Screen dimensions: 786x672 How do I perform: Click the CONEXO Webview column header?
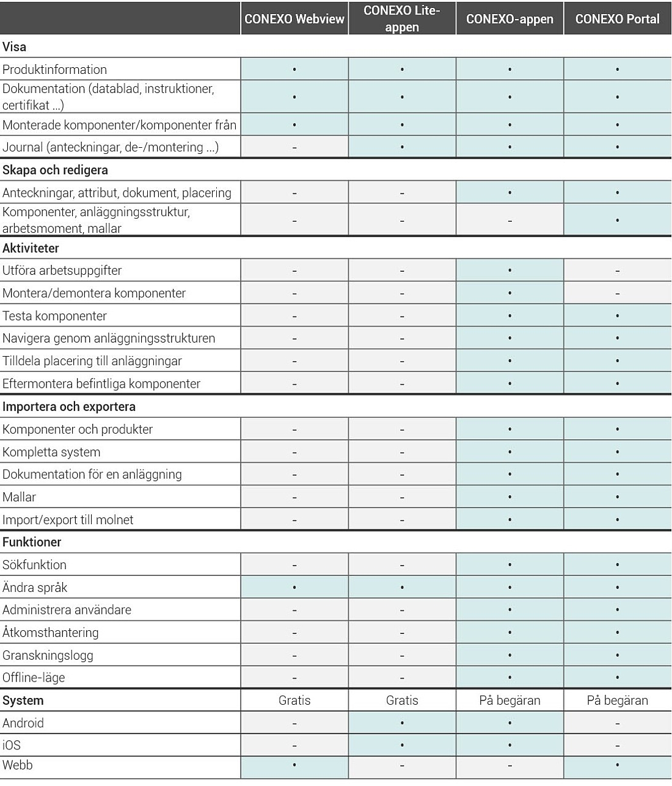pos(294,19)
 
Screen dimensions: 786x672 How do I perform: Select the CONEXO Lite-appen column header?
pos(402,19)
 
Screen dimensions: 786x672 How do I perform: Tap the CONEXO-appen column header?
pos(509,19)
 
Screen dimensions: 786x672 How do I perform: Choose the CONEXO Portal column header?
pos(617,19)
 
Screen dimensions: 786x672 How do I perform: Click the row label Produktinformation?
pos(54,70)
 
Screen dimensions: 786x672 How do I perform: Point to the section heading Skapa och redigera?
pos(55,170)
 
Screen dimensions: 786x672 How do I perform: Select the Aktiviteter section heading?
pos(31,249)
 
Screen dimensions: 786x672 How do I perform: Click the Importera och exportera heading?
pos(69,407)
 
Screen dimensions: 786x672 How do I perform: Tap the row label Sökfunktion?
pos(34,565)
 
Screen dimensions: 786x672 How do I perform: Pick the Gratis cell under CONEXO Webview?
pos(294,700)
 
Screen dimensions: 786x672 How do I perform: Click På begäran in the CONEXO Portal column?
pos(617,700)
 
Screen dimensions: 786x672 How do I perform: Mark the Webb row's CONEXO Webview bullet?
pos(294,765)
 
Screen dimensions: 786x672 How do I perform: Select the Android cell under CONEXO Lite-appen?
pos(402,723)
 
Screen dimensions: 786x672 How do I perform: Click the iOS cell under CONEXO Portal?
pos(617,746)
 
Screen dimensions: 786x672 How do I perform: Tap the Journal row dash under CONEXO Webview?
pos(294,147)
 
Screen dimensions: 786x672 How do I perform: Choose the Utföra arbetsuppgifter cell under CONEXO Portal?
pos(617,271)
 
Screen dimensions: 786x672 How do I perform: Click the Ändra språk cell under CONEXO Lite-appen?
pos(402,588)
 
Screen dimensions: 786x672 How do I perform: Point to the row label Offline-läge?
pos(34,678)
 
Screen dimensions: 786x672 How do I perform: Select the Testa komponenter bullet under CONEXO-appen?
pos(509,316)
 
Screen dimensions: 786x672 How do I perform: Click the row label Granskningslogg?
pos(48,655)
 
